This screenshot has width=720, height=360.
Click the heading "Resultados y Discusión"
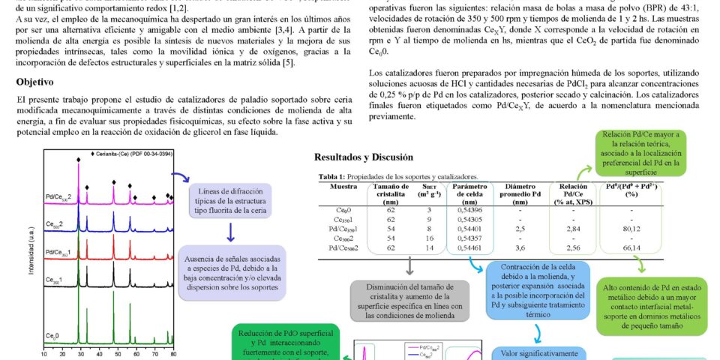363,157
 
